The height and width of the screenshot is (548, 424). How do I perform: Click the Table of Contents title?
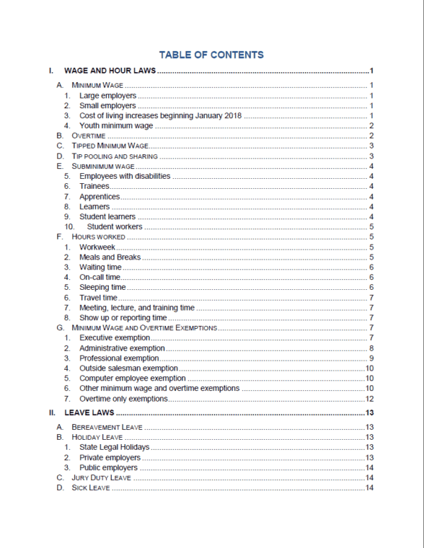click(x=211, y=54)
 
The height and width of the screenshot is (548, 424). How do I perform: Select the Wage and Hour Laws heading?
click(x=110, y=71)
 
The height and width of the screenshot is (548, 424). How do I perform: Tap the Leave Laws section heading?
click(x=89, y=412)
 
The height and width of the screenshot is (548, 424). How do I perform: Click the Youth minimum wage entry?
click(x=117, y=125)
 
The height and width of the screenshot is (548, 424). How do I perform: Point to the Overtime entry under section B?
click(x=88, y=135)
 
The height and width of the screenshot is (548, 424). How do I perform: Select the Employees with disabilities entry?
click(x=124, y=176)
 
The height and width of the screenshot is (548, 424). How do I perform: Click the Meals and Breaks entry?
click(x=110, y=257)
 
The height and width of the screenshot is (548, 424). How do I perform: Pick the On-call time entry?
click(x=100, y=278)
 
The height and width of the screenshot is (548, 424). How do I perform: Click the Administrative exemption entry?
click(x=122, y=349)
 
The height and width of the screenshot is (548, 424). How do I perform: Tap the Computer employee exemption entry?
click(x=132, y=378)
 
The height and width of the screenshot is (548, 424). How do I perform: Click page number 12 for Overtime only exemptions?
click(x=369, y=399)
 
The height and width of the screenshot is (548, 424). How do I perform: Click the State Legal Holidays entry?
click(x=114, y=448)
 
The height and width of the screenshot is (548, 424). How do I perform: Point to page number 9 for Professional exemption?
click(x=371, y=358)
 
